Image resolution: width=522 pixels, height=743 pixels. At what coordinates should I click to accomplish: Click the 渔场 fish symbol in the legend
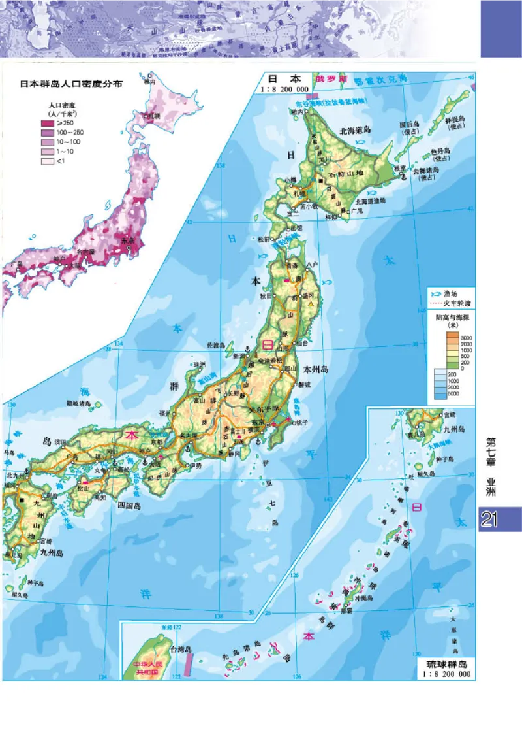tap(435, 294)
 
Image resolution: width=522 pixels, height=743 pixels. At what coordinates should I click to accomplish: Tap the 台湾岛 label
tap(180, 650)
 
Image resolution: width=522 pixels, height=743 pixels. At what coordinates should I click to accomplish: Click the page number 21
tap(490, 520)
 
